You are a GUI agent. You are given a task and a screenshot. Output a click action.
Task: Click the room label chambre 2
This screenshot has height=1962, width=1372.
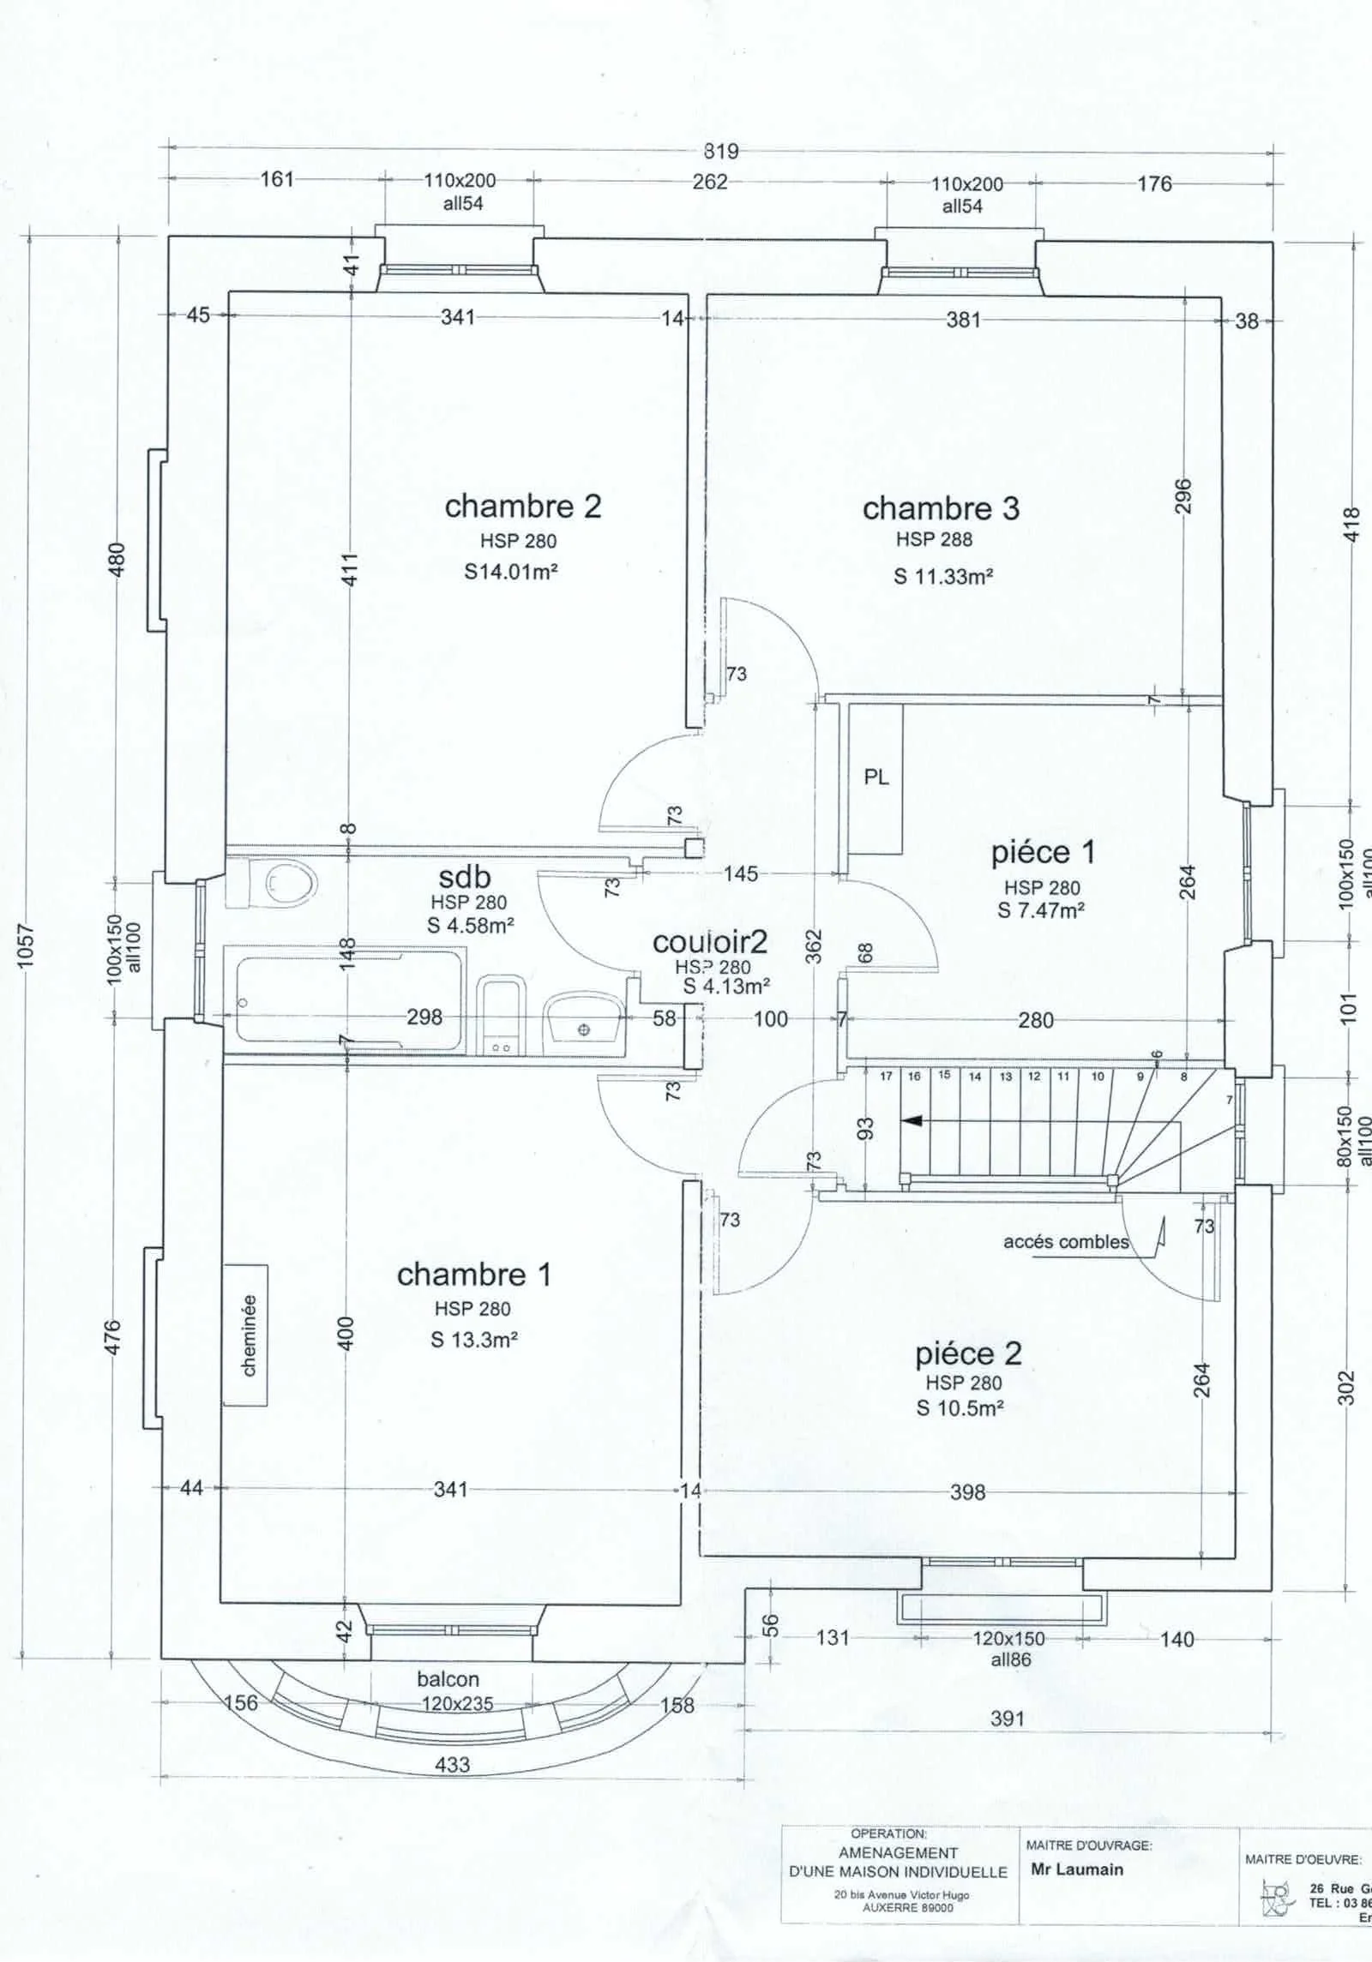click(x=522, y=507)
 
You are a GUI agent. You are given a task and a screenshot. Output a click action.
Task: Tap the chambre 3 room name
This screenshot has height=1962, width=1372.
click(x=941, y=508)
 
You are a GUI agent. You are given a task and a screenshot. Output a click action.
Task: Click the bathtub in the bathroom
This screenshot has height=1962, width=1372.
click(x=343, y=997)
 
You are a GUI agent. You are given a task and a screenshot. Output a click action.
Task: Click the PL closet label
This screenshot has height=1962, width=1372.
click(x=876, y=778)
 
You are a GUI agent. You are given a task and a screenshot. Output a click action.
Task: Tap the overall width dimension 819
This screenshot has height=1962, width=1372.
click(x=720, y=151)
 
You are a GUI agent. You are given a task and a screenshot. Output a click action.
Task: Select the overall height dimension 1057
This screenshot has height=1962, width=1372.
click(x=27, y=945)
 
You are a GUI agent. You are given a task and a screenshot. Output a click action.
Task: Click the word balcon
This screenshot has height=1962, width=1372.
click(x=448, y=1679)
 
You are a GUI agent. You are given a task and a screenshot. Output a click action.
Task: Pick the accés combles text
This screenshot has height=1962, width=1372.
click(x=1066, y=1242)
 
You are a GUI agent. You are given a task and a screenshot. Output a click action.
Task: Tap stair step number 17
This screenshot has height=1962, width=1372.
click(x=886, y=1077)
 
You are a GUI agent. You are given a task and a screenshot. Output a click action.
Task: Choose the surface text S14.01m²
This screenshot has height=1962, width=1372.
click(x=511, y=571)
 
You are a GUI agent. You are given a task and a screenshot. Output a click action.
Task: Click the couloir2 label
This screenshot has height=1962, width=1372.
click(x=710, y=942)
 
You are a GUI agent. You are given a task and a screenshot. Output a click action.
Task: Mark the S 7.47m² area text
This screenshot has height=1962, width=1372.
click(x=1041, y=910)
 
